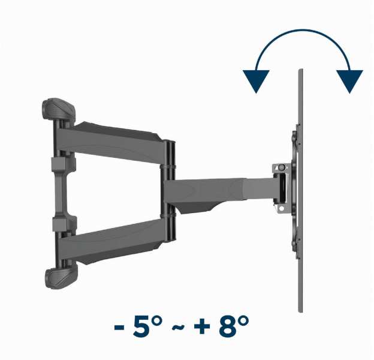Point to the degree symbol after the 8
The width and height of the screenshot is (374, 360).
tap(243, 320)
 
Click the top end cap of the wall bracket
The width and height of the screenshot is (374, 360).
tap(59, 109)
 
